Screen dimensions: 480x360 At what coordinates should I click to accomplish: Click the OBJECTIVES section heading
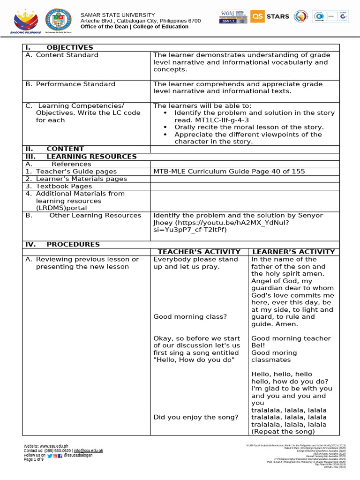[x=69, y=47]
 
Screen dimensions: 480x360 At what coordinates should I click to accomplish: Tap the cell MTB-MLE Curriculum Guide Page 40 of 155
[x=229, y=172]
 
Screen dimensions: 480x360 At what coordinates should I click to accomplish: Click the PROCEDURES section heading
[x=73, y=244]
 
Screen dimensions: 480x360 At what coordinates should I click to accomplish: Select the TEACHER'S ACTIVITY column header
[x=199, y=252]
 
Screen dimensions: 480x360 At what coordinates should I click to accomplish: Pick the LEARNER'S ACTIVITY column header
[x=293, y=252]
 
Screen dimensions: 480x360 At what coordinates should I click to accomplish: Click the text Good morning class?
[x=190, y=317]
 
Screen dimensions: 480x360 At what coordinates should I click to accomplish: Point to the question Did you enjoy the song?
[x=195, y=417]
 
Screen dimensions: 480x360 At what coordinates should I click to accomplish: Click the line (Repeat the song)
[x=283, y=432]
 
